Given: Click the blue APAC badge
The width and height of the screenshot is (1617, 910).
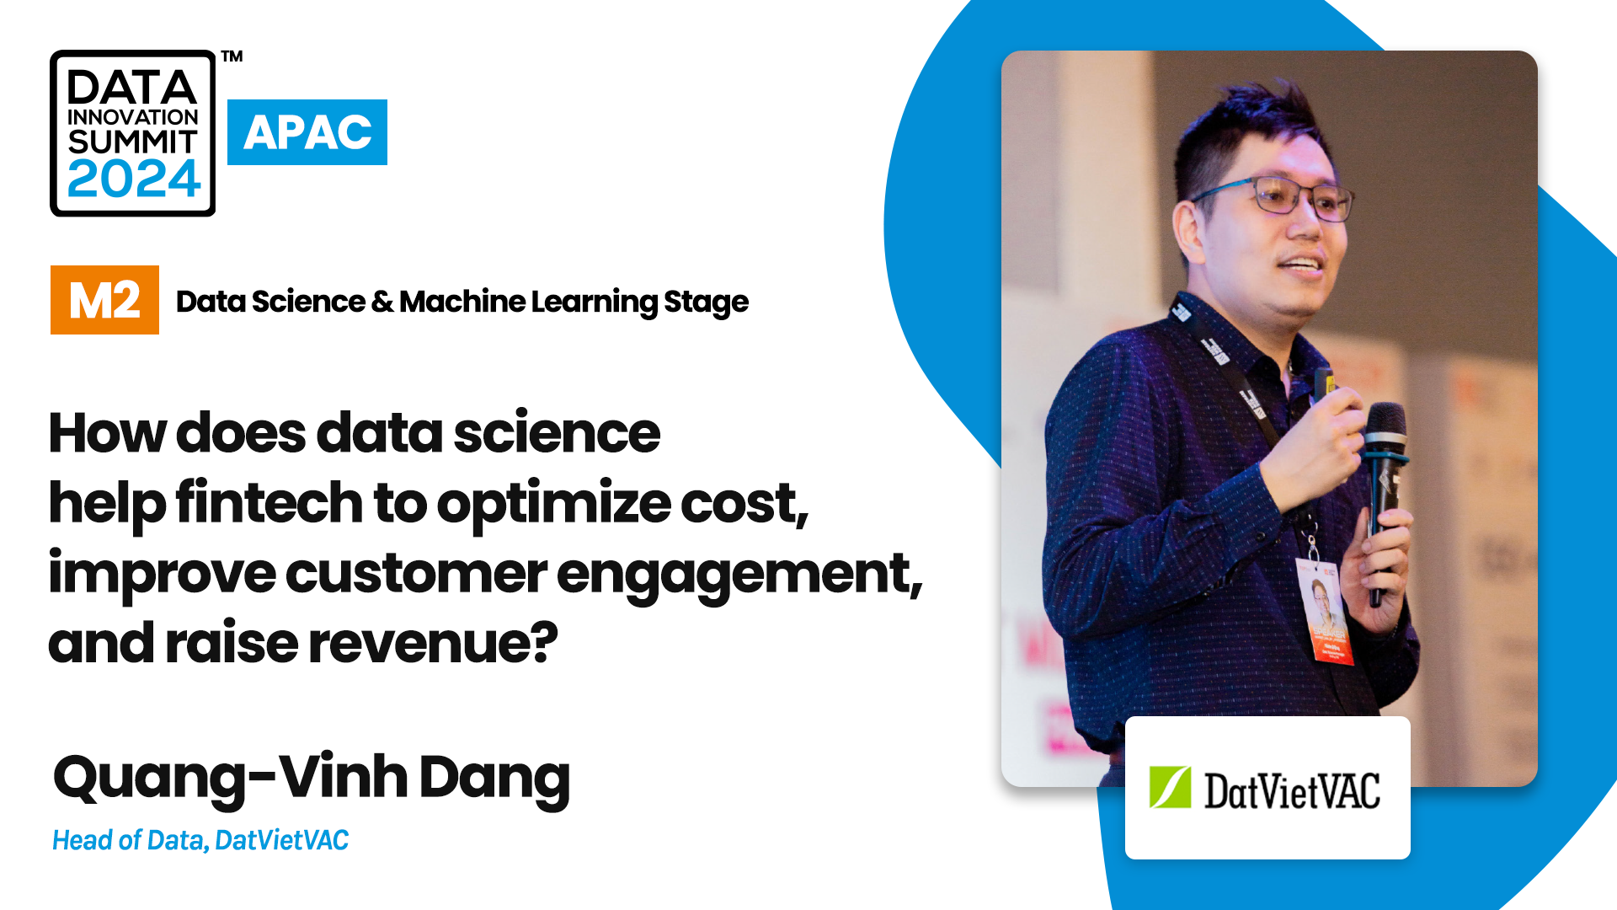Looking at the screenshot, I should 307,132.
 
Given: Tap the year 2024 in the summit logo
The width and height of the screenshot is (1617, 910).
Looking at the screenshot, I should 133,179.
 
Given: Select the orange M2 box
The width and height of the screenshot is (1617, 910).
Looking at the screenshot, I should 104,300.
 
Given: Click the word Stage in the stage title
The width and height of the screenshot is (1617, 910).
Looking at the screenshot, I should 706,302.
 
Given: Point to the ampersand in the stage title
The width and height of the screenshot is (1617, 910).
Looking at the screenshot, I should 382,302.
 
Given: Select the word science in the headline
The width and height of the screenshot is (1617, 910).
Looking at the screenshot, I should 557,433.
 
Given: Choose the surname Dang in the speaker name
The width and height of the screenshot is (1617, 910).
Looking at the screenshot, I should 494,778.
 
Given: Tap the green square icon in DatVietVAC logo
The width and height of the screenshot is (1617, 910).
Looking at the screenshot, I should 1170,788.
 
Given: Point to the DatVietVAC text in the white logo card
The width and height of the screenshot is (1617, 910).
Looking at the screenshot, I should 1292,790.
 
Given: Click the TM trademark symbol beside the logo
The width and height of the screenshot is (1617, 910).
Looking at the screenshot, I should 232,56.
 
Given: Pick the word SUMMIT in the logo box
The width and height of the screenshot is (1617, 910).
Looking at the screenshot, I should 132,142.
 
